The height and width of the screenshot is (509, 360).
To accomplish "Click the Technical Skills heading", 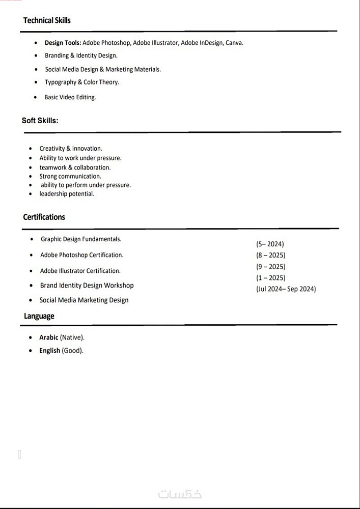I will point(47,20).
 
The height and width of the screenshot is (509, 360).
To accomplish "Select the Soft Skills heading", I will point(40,121).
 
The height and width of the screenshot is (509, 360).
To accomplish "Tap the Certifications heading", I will point(44,217).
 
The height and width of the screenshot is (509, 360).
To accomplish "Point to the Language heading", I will point(39,316).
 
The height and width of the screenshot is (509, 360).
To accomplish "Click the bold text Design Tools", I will point(63,43).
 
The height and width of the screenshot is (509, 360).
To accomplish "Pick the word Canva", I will point(234,43).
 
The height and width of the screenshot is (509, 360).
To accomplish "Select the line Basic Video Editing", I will point(70,97).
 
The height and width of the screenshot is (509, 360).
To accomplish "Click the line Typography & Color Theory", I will point(81,82).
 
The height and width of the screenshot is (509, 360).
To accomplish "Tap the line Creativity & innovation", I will point(71,149).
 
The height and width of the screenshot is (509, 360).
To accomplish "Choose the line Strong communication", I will point(70,176).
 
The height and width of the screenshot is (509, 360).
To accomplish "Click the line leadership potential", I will point(67,194).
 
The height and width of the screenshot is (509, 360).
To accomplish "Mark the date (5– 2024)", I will point(270,244).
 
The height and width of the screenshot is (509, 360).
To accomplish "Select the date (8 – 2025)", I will point(270,255).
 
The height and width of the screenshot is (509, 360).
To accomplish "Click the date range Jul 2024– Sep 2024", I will point(286,289).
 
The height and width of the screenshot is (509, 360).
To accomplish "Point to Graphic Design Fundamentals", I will point(81,239).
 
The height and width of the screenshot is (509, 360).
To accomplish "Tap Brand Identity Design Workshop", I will point(87,286).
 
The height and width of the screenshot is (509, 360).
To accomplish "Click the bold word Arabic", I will point(49,337).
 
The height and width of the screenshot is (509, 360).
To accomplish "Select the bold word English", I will point(49,351).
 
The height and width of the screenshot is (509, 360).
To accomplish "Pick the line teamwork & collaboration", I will point(75,167).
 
